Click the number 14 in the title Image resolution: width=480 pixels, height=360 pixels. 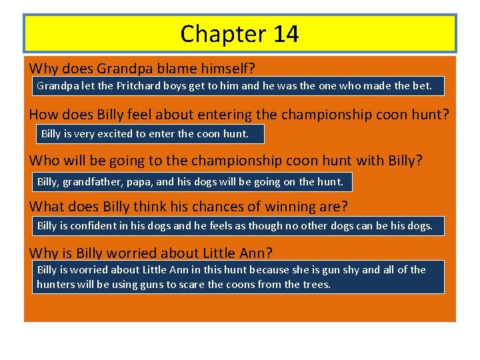[285, 34]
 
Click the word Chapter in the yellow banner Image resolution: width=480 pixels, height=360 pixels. [223, 34]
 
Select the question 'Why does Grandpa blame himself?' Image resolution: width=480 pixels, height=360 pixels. [143, 68]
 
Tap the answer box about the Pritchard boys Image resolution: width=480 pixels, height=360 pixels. [237, 86]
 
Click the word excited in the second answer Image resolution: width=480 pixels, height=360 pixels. [114, 134]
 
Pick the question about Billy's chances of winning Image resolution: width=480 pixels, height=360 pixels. [188, 207]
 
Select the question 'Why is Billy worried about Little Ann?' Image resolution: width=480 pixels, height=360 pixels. [151, 253]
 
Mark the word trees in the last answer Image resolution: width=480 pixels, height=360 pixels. [317, 285]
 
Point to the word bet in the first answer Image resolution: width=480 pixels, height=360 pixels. [423, 86]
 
